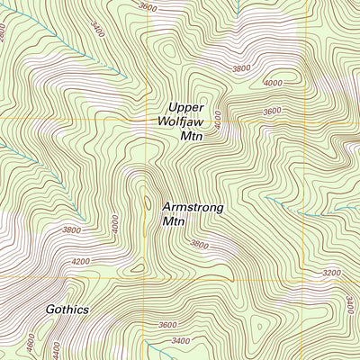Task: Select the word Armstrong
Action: point(193,206)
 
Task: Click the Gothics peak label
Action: point(68,309)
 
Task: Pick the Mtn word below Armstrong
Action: point(173,220)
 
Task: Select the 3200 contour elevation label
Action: point(331,272)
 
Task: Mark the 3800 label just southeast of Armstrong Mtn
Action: point(200,244)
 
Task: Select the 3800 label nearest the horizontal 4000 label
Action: point(240,68)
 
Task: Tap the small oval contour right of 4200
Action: point(136,267)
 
